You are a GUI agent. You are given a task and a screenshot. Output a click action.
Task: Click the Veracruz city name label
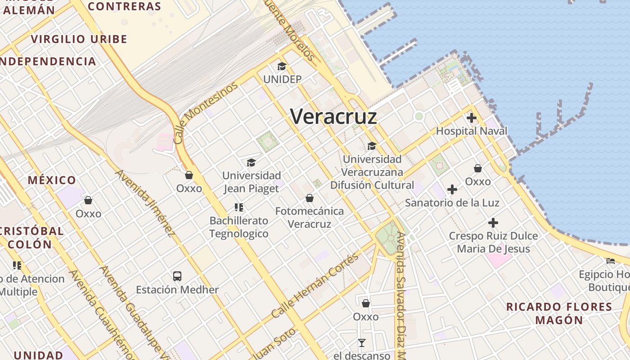point(333,117)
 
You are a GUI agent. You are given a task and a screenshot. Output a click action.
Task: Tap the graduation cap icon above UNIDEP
point(282,67)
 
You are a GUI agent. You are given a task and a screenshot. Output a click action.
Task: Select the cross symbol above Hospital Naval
point(472,118)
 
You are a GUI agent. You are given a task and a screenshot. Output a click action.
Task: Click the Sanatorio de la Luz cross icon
point(452,189)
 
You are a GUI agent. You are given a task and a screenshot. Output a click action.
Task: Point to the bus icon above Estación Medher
point(177,276)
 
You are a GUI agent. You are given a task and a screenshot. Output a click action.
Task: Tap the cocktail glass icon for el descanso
point(362,343)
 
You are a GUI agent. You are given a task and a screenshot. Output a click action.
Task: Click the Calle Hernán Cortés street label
point(315,286)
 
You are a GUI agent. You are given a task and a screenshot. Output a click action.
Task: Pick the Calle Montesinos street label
point(205,113)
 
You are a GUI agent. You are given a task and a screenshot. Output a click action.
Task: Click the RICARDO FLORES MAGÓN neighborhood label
point(559,314)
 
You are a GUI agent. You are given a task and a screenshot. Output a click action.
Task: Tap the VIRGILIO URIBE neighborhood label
point(79,39)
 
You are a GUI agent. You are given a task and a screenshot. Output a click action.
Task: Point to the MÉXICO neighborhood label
point(52,180)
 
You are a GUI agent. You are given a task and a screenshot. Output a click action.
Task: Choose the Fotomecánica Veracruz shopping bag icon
point(310,198)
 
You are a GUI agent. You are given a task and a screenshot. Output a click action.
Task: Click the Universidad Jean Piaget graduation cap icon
point(251,162)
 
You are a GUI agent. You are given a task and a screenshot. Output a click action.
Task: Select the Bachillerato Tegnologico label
point(239,227)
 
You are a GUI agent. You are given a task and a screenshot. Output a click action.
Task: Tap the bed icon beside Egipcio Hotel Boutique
point(611,261)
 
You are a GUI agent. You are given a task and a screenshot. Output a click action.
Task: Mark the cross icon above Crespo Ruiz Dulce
point(493,223)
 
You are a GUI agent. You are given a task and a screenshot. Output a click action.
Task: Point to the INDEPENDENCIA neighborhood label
point(48,62)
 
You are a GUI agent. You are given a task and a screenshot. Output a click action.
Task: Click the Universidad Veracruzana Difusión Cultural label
point(372,172)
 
